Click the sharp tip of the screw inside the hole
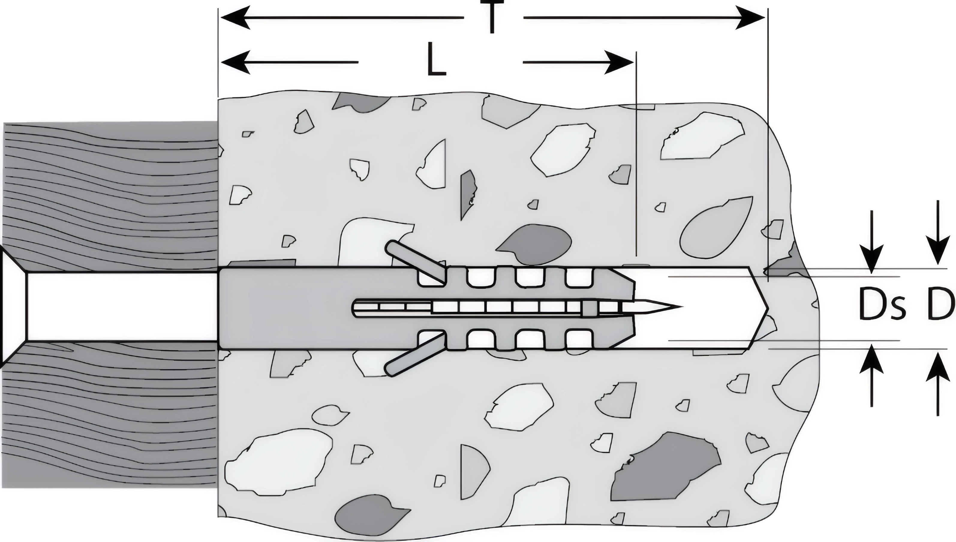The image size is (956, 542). (683, 307)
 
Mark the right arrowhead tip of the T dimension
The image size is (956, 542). (765, 17)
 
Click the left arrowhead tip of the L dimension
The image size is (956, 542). (220, 62)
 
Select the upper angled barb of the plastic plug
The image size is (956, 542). (416, 262)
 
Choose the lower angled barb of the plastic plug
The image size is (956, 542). (416, 354)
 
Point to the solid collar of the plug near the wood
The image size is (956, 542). (316, 308)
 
